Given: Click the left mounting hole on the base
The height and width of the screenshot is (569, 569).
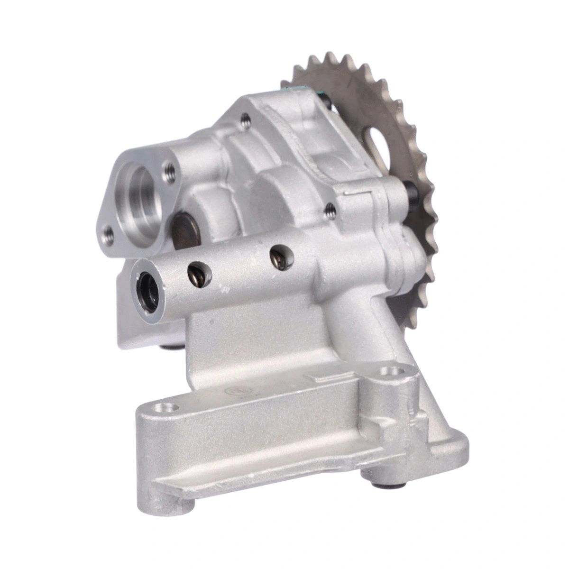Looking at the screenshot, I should point(167,407).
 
